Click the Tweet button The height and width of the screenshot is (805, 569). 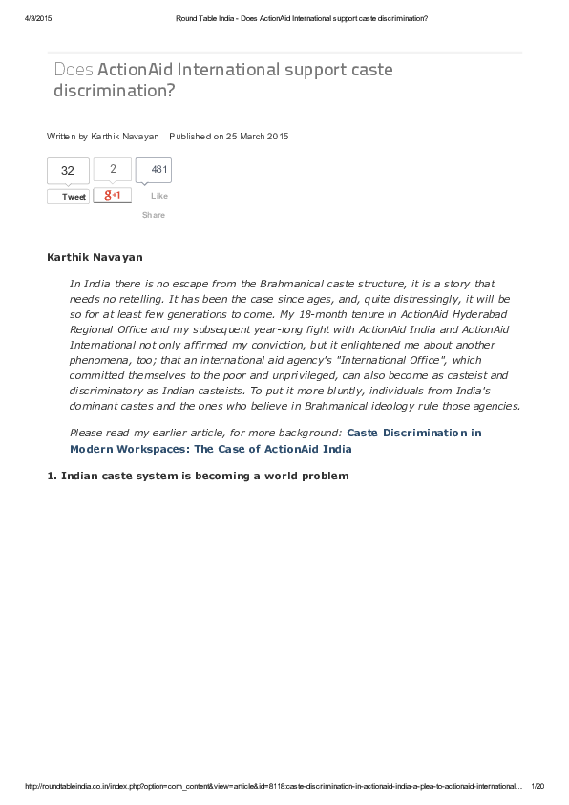click(69, 197)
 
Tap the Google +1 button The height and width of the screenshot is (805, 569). click(113, 195)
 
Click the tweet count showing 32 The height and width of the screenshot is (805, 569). click(68, 171)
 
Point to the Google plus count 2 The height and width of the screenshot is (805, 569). click(113, 169)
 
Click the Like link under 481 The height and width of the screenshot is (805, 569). click(158, 196)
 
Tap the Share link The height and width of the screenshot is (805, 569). click(154, 215)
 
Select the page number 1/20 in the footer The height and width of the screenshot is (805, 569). click(537, 787)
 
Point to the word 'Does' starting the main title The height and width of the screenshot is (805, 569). click(74, 70)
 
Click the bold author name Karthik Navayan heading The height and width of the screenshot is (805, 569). click(95, 258)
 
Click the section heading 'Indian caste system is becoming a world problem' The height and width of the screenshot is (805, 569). click(204, 476)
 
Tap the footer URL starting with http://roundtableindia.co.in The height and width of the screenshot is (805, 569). click(272, 787)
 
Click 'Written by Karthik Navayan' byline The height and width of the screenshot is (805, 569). click(103, 137)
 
